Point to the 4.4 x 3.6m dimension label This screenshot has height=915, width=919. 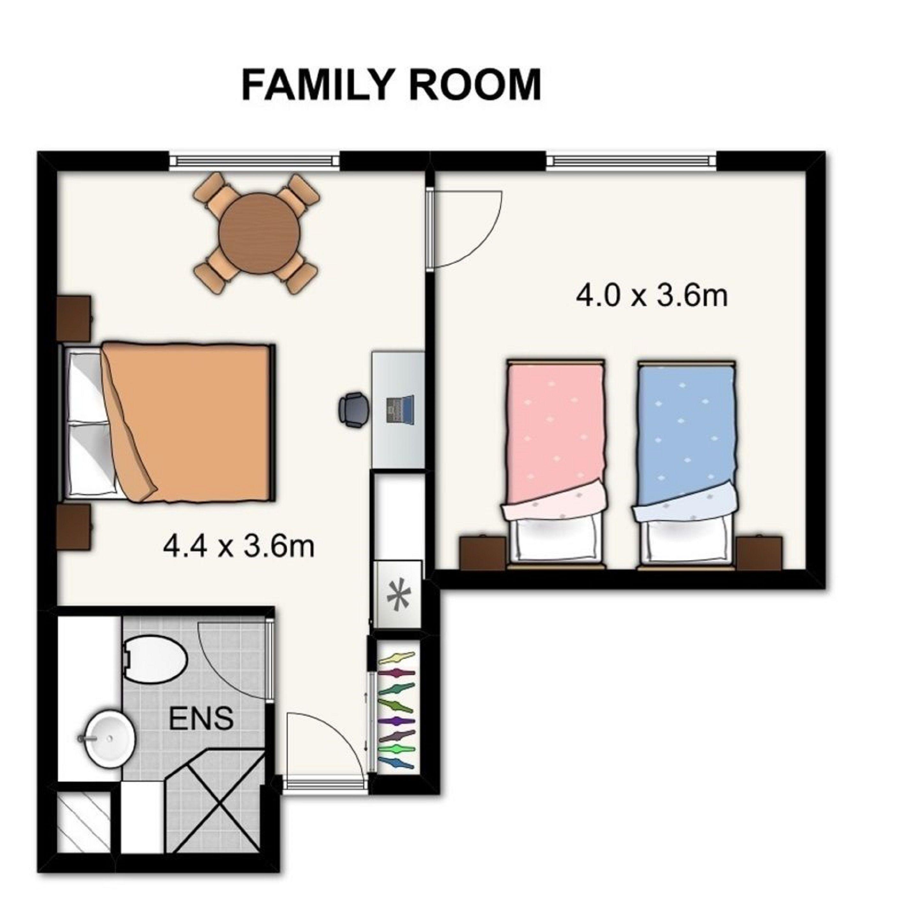239,547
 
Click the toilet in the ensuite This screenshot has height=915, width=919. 154,661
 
